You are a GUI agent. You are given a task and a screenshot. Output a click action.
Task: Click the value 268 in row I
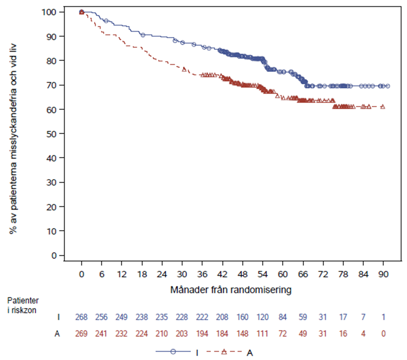[x=81, y=318]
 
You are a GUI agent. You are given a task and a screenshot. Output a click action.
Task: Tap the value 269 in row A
[x=81, y=334]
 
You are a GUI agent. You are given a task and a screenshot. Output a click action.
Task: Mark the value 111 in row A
[x=262, y=334]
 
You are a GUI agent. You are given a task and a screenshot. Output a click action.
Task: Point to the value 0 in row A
[x=383, y=334]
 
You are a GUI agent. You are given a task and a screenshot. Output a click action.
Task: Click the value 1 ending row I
[x=383, y=318]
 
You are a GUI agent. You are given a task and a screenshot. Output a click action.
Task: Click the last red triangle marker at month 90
[x=382, y=106]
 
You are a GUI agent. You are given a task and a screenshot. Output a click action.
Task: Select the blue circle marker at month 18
[x=142, y=34]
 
